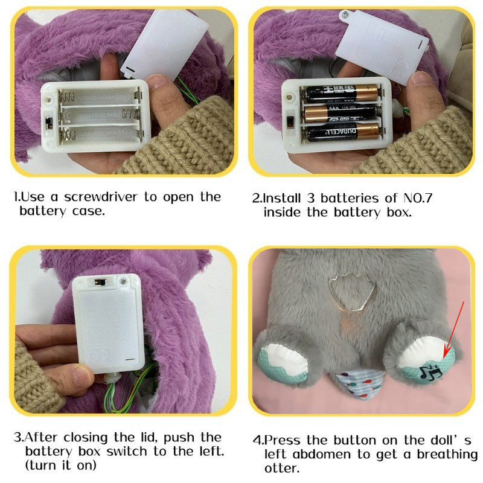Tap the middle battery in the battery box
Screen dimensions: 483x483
(341, 114)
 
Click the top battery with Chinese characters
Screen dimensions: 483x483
(341, 93)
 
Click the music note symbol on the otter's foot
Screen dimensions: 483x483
(430, 371)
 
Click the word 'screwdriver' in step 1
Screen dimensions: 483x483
(100, 197)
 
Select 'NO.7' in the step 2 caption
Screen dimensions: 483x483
(418, 198)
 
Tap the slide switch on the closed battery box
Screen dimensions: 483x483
(100, 282)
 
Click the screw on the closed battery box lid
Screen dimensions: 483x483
(123, 281)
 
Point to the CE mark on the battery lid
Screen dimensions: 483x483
(100, 356)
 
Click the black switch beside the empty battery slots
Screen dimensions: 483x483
(49, 123)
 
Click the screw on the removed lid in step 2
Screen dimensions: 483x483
(345, 14)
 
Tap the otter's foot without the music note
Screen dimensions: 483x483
(283, 362)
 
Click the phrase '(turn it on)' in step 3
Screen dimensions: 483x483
(61, 465)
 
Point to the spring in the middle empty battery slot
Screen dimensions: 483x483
(130, 114)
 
